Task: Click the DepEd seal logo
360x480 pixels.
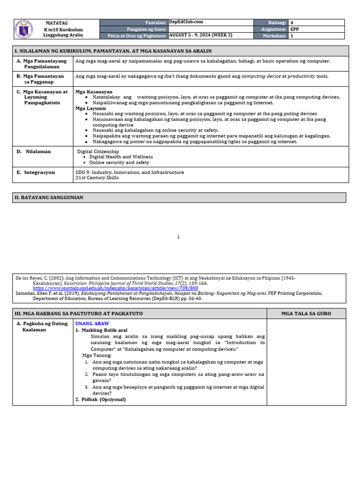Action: click(24, 29)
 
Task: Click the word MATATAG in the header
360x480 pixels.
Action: click(57, 22)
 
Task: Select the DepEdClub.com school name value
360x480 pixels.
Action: click(186, 22)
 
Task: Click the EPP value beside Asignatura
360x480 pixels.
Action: click(294, 29)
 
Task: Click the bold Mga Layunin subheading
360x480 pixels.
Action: click(90, 108)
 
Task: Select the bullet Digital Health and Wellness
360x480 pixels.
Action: click(121, 157)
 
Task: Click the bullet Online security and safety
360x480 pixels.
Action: click(119, 163)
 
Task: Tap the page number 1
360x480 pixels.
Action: click(178, 237)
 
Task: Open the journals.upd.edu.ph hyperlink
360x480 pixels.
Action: click(115, 288)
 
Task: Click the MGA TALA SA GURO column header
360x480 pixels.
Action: click(306, 314)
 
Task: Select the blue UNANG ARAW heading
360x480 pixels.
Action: click(92, 324)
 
